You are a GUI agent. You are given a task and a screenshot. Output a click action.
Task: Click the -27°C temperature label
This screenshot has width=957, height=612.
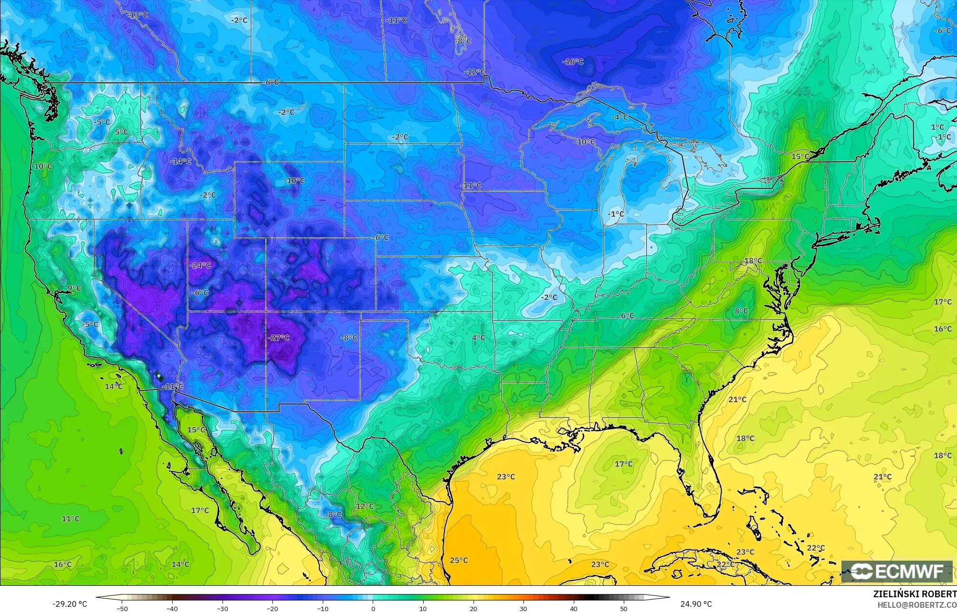278,338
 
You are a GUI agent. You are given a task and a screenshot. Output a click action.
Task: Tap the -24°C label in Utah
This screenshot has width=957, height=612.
200,265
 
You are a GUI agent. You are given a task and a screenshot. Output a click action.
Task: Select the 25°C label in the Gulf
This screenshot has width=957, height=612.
459,560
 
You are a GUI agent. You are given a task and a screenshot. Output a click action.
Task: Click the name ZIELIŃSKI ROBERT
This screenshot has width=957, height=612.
915,594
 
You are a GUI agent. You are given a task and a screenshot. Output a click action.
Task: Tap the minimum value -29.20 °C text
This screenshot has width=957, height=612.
69,604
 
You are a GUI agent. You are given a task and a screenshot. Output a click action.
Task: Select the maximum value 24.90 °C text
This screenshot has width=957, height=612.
696,604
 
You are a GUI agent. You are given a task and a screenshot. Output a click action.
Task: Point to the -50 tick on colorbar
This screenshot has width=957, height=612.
122,608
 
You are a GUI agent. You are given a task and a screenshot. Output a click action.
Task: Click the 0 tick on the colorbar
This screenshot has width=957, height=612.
373,608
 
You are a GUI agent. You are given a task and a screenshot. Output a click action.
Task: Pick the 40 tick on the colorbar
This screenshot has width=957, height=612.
574,608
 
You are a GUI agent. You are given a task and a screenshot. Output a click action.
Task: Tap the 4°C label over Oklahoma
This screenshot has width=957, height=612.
478,338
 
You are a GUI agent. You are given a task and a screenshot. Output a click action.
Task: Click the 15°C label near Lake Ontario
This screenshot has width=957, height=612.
800,156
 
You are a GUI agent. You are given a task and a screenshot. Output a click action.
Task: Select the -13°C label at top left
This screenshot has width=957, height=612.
138,15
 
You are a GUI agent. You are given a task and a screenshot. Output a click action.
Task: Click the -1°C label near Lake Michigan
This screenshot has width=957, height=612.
616,214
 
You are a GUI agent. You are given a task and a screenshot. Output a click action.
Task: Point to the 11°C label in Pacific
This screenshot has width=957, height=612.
70,518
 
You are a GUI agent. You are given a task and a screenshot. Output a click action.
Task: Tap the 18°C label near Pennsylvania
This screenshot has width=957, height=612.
753,261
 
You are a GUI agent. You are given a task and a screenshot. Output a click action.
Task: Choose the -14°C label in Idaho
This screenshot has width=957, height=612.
180,161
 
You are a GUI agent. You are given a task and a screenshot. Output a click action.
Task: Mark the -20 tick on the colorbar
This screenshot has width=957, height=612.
272,608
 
